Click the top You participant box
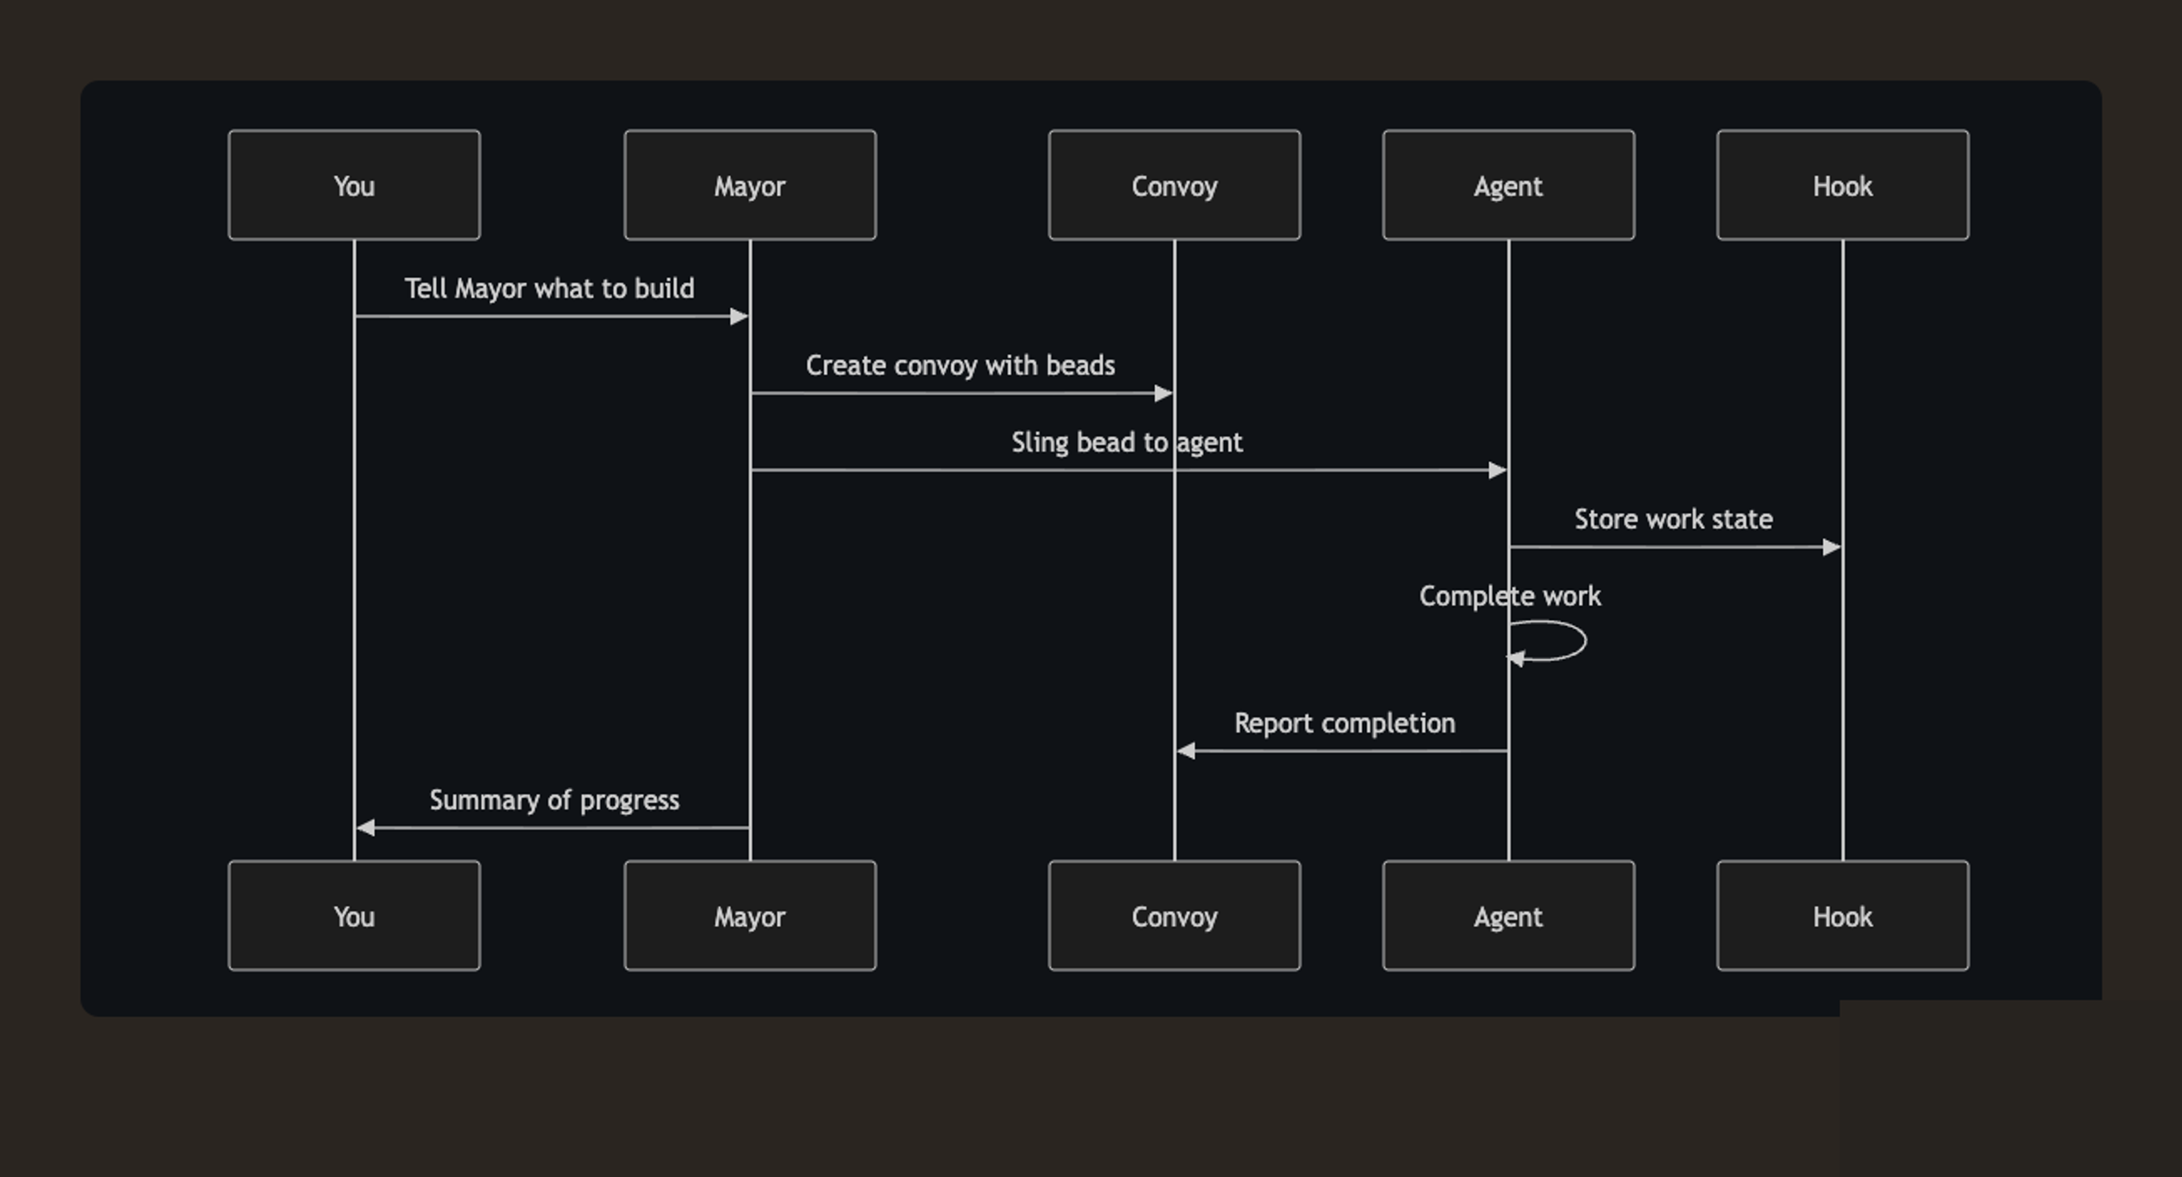(x=354, y=185)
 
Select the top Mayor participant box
(x=749, y=185)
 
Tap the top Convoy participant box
(x=1174, y=185)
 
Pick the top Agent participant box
(x=1508, y=185)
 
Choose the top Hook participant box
(x=1842, y=185)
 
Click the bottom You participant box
(x=354, y=915)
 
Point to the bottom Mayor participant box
(x=749, y=915)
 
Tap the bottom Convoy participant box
(x=1174, y=915)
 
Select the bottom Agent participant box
(x=1508, y=915)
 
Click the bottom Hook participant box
(x=1842, y=915)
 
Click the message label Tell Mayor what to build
(x=549, y=288)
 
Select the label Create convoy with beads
(x=960, y=365)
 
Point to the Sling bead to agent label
(x=1127, y=442)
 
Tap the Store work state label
(x=1673, y=519)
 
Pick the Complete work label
(x=1509, y=596)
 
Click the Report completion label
(x=1344, y=723)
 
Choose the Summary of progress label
(x=554, y=800)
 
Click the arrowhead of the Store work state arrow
(x=1831, y=548)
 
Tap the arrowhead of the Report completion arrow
(x=1186, y=751)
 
